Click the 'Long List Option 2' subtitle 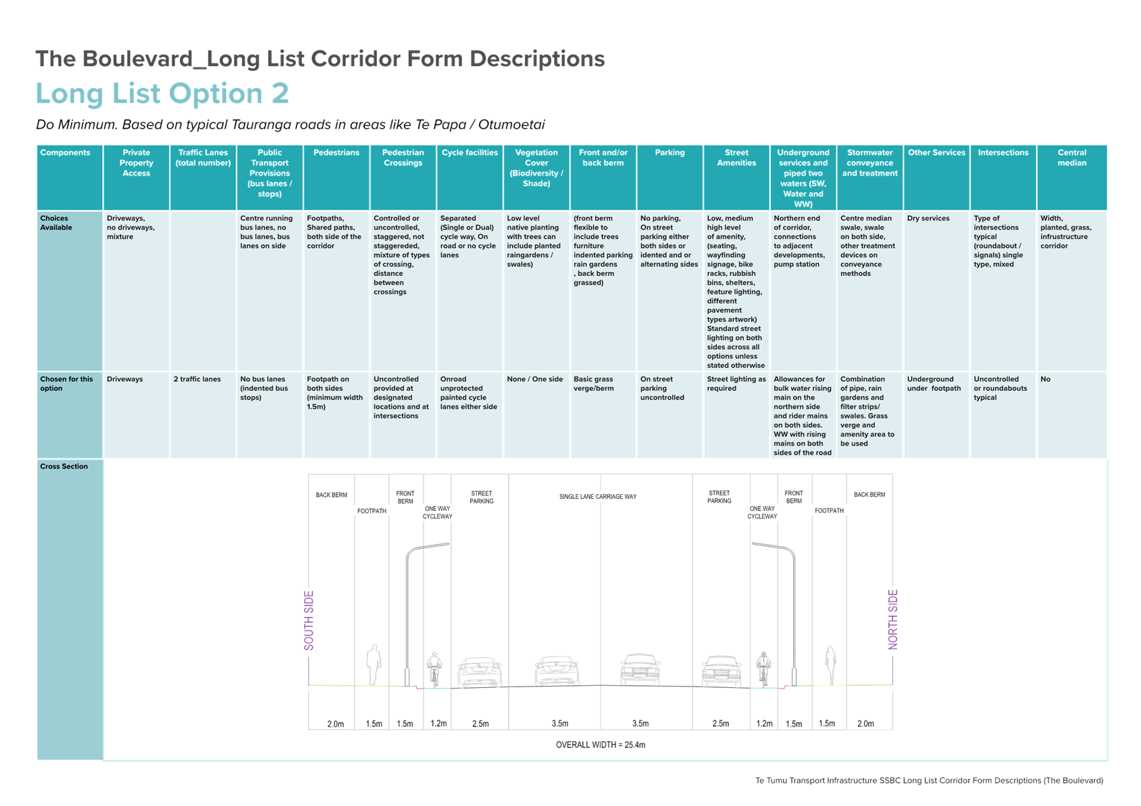(162, 94)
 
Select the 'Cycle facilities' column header (470, 153)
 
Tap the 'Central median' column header (1071, 158)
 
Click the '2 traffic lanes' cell (197, 379)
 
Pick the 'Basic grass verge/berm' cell (593, 383)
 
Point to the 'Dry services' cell (928, 218)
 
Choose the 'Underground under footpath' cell (934, 383)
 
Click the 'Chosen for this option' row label (66, 383)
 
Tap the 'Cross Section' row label (64, 466)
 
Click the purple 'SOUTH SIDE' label (309, 620)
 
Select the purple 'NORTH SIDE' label (892, 619)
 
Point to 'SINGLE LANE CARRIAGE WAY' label (597, 497)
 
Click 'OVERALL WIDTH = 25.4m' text (600, 745)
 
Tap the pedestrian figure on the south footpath (374, 664)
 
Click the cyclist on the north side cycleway (763, 668)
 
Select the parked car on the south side (480, 672)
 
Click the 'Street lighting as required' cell (736, 383)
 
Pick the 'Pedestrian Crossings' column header (403, 158)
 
